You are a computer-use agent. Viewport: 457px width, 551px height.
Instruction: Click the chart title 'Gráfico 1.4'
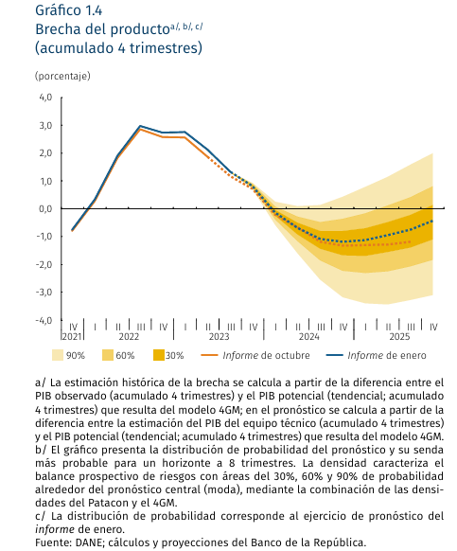coord(68,10)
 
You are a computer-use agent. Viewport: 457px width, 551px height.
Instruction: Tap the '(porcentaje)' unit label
coord(62,76)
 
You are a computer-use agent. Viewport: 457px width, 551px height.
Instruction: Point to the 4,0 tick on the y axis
coord(45,98)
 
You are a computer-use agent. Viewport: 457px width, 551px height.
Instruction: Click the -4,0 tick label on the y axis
coord(44,320)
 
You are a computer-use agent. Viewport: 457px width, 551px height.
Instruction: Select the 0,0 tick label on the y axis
coord(45,208)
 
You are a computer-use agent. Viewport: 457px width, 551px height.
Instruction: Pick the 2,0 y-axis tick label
coord(45,153)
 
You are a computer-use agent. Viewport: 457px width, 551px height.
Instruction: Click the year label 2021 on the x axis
coord(72,337)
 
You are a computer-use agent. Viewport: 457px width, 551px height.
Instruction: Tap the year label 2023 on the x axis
coord(219,337)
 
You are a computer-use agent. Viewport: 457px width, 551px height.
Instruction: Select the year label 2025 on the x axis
coord(399,337)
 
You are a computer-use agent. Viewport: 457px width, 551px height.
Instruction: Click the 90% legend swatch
coord(58,355)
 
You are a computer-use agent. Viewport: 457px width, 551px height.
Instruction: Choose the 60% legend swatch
coord(108,355)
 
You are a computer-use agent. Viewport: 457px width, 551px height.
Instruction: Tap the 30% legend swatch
coord(159,355)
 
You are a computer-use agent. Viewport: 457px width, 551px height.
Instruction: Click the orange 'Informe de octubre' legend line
coord(209,355)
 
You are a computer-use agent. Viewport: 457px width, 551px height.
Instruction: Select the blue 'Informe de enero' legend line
coord(334,355)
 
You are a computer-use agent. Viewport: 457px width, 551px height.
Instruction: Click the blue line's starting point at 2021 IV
coord(72,230)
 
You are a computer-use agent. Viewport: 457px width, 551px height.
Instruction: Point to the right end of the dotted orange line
coord(411,241)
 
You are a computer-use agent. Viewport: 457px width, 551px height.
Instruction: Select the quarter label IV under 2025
coord(433,328)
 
